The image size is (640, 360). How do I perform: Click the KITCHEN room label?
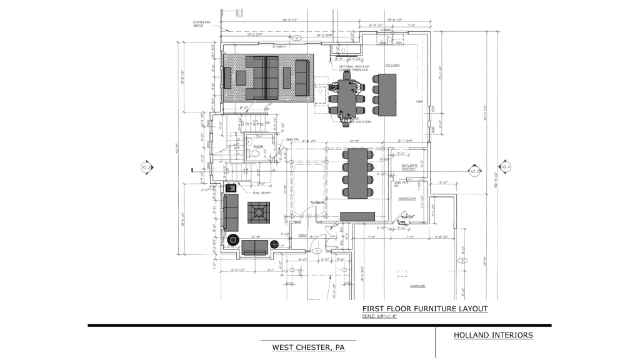[x=392, y=65]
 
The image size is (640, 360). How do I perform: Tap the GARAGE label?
[x=417, y=286]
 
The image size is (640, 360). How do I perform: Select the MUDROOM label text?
[x=407, y=198]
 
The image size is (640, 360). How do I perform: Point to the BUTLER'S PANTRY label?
[x=409, y=167]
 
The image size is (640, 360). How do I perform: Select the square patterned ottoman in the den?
[x=258, y=212]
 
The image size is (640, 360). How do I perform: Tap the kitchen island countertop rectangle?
[x=385, y=94]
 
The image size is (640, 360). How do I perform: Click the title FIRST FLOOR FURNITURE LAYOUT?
[x=424, y=309]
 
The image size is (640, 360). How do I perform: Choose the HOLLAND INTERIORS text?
[x=493, y=336]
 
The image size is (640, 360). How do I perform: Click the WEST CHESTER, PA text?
[x=307, y=347]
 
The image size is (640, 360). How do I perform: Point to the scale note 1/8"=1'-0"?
[x=379, y=316]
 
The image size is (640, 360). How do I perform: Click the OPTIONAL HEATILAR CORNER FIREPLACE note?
[x=357, y=68]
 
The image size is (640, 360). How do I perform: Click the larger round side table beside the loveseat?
[x=234, y=240]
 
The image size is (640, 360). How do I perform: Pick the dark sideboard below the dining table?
[x=357, y=216]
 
